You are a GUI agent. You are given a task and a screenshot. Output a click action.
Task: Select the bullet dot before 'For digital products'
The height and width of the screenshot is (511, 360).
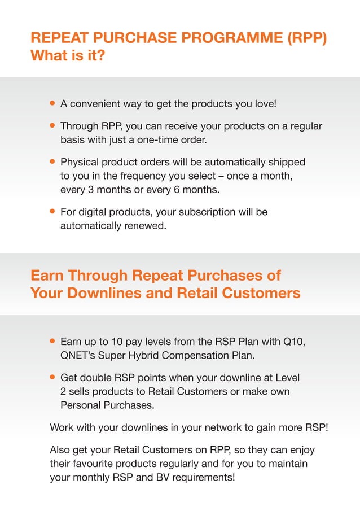click(52, 212)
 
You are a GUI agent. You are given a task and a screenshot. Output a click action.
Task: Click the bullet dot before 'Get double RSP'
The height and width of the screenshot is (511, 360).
click(52, 377)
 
